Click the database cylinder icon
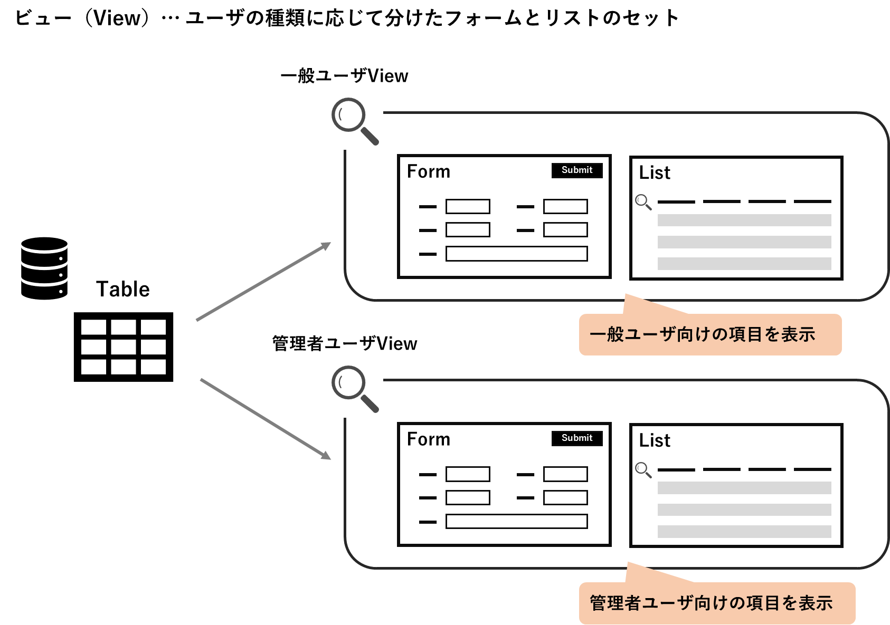point(44,268)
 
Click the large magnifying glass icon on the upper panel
point(355,122)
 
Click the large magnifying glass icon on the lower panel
point(355,390)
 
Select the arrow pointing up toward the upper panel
point(263,282)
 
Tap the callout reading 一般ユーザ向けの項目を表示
point(709,334)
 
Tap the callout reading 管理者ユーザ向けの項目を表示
point(716,603)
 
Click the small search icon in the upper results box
point(643,202)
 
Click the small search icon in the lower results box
point(643,470)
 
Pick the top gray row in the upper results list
point(744,220)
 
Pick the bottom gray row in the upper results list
point(744,264)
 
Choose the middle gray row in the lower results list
point(744,509)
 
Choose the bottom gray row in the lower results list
point(744,532)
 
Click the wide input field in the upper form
point(516,254)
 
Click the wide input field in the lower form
point(516,522)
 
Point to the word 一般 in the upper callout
point(607,334)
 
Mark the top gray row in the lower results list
point(744,488)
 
